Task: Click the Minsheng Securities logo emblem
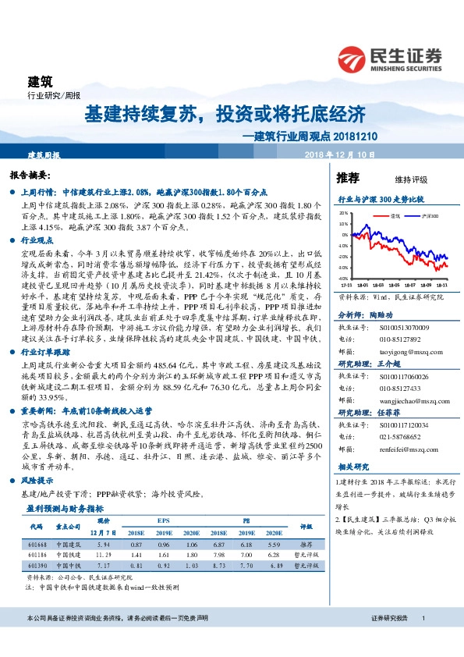(x=353, y=59)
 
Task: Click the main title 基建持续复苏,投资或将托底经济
(x=225, y=114)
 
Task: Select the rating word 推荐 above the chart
(x=348, y=178)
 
